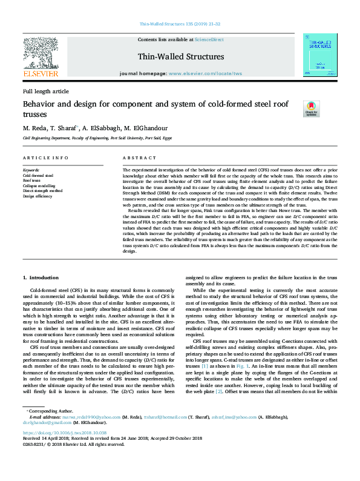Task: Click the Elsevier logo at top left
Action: [41, 58]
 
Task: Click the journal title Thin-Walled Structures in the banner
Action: [180, 56]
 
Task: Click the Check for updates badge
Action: [311, 109]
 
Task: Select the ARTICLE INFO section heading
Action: [45, 158]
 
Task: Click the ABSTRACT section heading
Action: [136, 158]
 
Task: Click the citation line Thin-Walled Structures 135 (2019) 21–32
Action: [180, 24]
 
